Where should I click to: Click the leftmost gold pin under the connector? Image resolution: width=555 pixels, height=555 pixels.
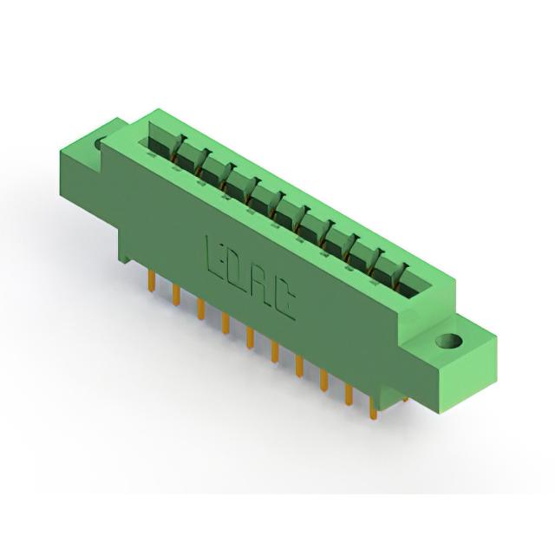pyautogui.click(x=152, y=281)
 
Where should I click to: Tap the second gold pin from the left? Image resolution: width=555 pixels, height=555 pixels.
pyautogui.click(x=176, y=295)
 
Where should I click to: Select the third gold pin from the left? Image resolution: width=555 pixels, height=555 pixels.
pyautogui.click(x=200, y=309)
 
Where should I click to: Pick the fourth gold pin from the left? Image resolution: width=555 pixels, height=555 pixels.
pyautogui.click(x=225, y=323)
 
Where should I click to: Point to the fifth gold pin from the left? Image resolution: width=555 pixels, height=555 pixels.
pyautogui.click(x=251, y=337)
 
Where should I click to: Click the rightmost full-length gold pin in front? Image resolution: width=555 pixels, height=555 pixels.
pyautogui.click(x=373, y=408)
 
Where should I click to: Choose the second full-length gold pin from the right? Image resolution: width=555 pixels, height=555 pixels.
pyautogui.click(x=349, y=394)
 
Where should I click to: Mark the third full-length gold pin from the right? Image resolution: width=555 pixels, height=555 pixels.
pyautogui.click(x=323, y=380)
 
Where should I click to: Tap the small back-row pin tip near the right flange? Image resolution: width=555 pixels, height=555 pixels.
pyautogui.click(x=406, y=400)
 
